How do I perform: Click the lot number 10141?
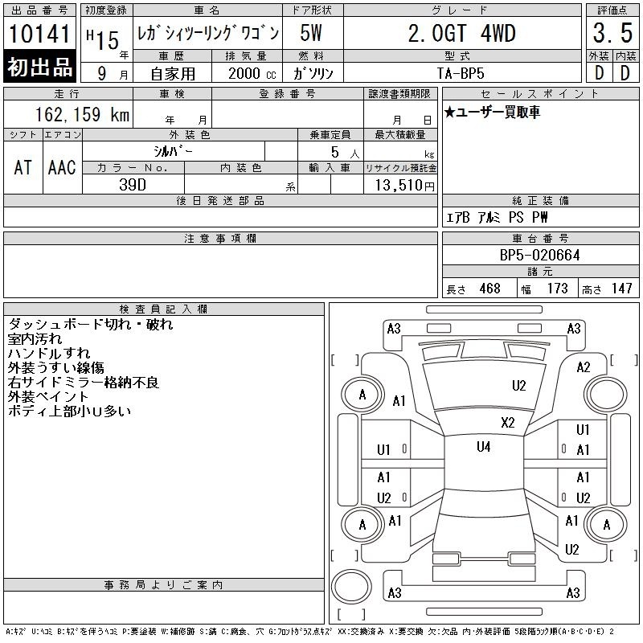coord(39,34)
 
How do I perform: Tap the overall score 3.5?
coord(612,33)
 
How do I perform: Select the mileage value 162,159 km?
coord(82,114)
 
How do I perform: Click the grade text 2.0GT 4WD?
coord(461,33)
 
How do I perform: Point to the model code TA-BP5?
coord(460,73)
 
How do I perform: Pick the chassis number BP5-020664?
coord(539,255)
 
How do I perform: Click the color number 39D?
coord(133,185)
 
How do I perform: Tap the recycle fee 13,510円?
coord(404,185)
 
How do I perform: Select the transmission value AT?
coord(23,168)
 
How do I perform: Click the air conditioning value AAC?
coord(62,168)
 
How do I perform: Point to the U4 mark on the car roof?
coord(484,447)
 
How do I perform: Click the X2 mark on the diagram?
coord(508,423)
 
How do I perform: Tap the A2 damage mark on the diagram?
coord(584,367)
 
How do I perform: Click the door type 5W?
coord(311,33)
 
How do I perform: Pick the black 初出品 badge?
coord(39,67)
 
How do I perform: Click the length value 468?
coord(489,289)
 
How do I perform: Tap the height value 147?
coord(621,289)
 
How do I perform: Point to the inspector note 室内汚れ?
coord(35,338)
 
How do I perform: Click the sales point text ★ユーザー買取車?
coord(492,112)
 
